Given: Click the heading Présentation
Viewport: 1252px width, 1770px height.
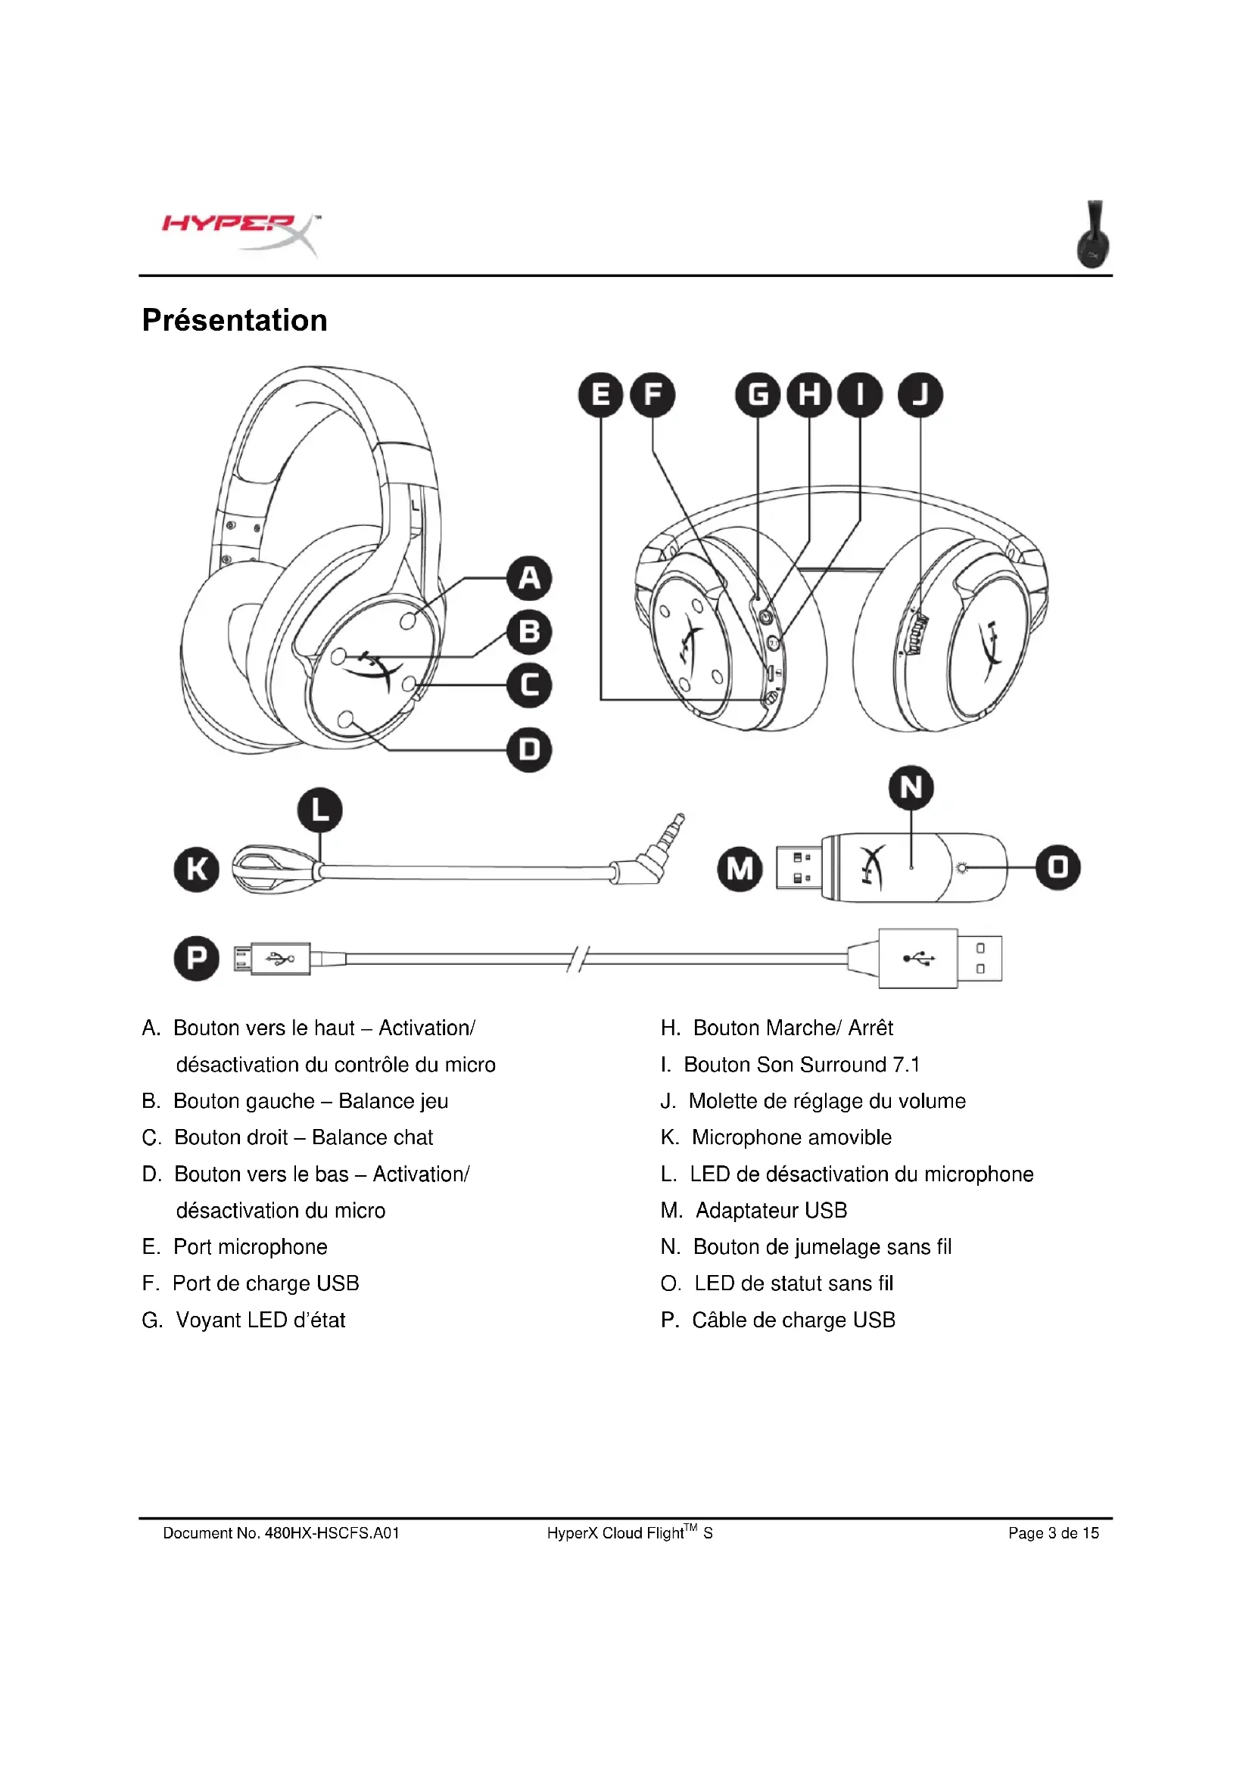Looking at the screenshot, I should click(235, 320).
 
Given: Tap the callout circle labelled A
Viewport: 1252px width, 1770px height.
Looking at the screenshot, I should click(529, 577).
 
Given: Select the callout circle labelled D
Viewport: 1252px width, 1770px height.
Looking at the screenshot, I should click(529, 749).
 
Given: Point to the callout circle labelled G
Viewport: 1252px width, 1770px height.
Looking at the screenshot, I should click(758, 395).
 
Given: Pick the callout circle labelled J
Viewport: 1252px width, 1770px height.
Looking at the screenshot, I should click(920, 395).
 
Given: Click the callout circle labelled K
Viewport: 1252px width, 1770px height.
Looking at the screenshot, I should click(197, 869).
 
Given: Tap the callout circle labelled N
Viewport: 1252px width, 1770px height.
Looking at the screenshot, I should click(911, 788).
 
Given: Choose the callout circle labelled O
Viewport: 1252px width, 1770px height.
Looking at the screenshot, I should click(1057, 867).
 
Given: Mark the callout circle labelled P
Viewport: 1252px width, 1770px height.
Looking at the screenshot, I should click(197, 958).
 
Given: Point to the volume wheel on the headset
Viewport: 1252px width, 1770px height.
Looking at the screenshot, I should click(917, 633).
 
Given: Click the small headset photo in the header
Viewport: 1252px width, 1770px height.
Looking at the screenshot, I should click(1093, 235).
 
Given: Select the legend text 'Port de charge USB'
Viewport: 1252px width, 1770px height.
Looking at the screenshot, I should click(266, 1283).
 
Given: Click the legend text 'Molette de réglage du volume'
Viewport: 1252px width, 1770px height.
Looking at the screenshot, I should click(827, 1101).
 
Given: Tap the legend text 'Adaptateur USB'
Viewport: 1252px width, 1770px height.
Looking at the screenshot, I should click(771, 1210).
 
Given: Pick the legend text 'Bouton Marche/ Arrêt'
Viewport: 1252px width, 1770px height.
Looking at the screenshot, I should click(793, 1028).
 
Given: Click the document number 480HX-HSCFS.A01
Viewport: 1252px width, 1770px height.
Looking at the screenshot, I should click(332, 1533).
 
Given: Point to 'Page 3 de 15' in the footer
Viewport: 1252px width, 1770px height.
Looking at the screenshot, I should click(1053, 1533).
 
